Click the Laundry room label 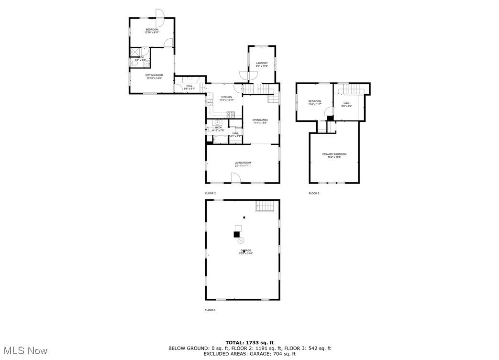click(x=262, y=63)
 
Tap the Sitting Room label click(x=155, y=76)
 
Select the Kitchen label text click(x=226, y=98)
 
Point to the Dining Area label click(x=260, y=120)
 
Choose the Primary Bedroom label click(x=334, y=154)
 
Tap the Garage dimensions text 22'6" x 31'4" click(x=245, y=253)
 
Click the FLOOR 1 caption click(x=211, y=310)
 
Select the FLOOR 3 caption click(x=314, y=193)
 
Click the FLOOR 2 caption click(x=211, y=193)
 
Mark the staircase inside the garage click(x=266, y=206)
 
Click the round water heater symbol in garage click(x=242, y=240)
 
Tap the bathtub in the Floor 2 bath click(x=221, y=140)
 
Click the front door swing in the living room click(x=235, y=178)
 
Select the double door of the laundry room click(x=244, y=76)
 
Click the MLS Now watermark click(x=24, y=350)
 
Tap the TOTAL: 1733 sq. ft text click(x=249, y=343)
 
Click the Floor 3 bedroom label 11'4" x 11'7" click(x=314, y=104)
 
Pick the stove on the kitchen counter click(x=231, y=114)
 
